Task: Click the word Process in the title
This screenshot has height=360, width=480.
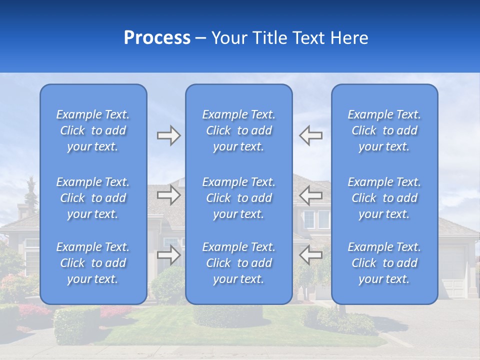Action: pyautogui.click(x=157, y=38)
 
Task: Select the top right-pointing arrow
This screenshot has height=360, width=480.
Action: pyautogui.click(x=168, y=135)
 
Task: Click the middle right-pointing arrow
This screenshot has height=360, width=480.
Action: pyautogui.click(x=168, y=195)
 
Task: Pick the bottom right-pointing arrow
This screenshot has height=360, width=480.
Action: pyautogui.click(x=168, y=255)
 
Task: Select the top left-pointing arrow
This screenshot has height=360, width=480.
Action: pyautogui.click(x=311, y=135)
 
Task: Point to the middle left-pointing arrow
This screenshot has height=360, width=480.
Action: pyautogui.click(x=311, y=195)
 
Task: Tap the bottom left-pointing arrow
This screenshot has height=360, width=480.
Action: pyautogui.click(x=311, y=255)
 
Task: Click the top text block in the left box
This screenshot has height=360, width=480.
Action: pyautogui.click(x=93, y=130)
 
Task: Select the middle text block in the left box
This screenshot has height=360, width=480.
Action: pyautogui.click(x=93, y=198)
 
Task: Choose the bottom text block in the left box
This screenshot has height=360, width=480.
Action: pyautogui.click(x=93, y=263)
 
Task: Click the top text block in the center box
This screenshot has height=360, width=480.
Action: pyautogui.click(x=239, y=130)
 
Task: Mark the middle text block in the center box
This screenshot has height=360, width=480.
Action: pyautogui.click(x=239, y=198)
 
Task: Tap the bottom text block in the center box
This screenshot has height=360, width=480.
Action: pyautogui.click(x=239, y=263)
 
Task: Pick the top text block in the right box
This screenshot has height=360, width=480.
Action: pyautogui.click(x=384, y=130)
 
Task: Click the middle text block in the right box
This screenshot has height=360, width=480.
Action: pyautogui.click(x=384, y=198)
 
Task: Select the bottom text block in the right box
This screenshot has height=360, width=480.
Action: pyautogui.click(x=384, y=263)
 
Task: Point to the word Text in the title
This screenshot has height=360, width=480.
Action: pyautogui.click(x=306, y=38)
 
